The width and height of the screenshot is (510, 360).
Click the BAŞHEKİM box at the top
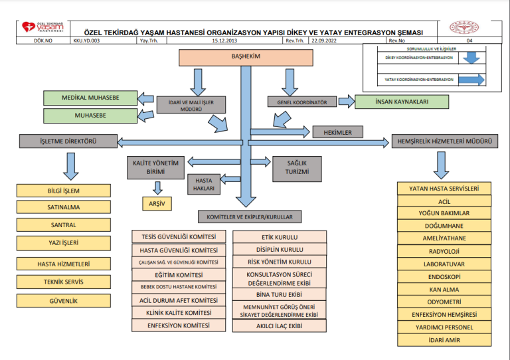tap(245, 57)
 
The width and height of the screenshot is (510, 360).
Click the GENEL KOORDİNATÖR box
tap(298, 103)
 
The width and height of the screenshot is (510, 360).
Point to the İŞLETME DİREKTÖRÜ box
tap(67, 141)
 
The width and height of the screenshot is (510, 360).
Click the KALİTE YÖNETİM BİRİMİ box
tap(155, 167)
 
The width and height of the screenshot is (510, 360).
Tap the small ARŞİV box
tap(157, 204)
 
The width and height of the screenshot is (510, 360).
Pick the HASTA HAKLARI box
tap(204, 185)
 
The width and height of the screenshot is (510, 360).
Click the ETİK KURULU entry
tap(280, 237)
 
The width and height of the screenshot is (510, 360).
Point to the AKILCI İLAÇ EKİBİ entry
tap(280, 326)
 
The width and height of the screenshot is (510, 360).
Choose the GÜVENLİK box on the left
tap(64, 301)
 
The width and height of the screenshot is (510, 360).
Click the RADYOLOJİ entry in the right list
tap(444, 252)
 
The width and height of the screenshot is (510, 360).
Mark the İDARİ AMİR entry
tap(444, 340)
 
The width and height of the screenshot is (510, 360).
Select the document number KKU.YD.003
tap(86, 41)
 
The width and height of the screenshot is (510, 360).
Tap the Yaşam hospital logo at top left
tap(43, 28)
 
